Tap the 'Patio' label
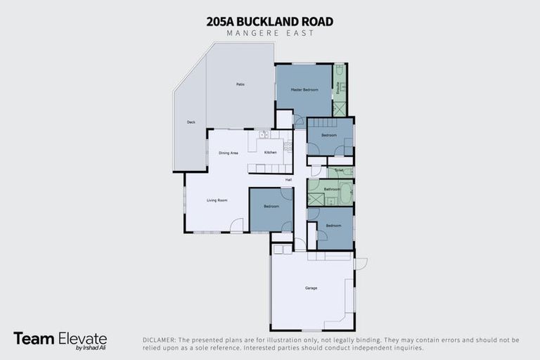(240, 85)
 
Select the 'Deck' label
(191, 122)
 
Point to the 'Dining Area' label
(229, 153)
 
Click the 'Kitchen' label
(270, 153)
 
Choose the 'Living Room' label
(217, 200)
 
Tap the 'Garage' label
(311, 288)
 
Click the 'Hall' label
(298, 179)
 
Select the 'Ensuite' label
(339, 89)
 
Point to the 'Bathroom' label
(332, 189)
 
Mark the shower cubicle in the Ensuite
(339, 108)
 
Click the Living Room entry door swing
(238, 225)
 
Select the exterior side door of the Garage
(360, 264)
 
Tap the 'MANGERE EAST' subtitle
(270, 33)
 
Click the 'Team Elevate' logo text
(60, 338)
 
